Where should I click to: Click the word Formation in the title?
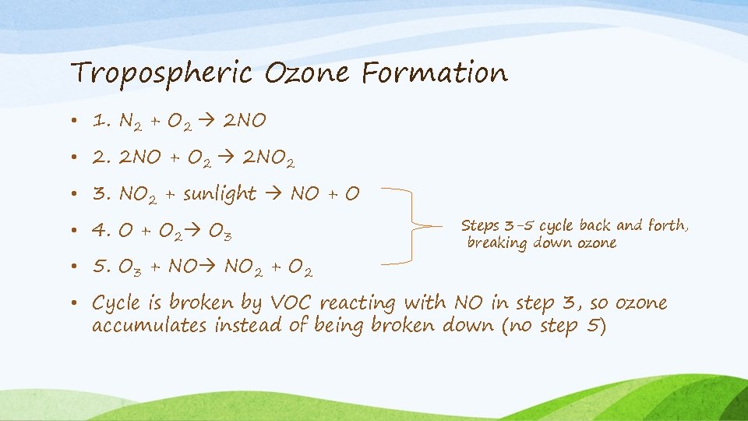434,73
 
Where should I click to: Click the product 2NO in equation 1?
245,122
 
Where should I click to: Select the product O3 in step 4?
221,232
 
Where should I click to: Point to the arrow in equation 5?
209,268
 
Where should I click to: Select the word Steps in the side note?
480,226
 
